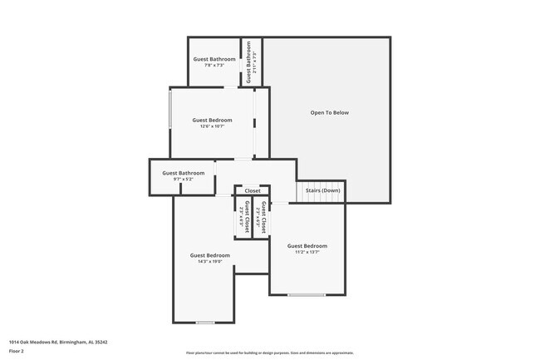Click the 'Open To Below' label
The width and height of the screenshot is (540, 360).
click(x=329, y=112)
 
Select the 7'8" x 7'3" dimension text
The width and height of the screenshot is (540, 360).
click(x=214, y=66)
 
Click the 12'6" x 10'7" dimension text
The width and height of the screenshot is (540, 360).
click(x=213, y=126)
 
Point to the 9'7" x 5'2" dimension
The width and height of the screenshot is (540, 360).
click(x=180, y=179)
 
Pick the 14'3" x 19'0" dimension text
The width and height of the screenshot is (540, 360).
click(x=209, y=261)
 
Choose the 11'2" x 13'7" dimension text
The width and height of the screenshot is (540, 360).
click(x=307, y=252)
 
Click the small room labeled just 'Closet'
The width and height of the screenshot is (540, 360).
click(x=252, y=190)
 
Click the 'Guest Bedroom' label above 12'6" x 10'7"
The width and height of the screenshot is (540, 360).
click(x=213, y=120)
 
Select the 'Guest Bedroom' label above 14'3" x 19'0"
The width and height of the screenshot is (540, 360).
click(x=209, y=254)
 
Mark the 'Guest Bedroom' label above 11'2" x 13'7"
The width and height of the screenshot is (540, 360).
click(x=307, y=245)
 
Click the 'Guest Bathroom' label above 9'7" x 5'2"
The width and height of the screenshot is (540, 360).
click(x=180, y=173)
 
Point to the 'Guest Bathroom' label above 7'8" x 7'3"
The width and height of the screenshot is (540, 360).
click(x=214, y=59)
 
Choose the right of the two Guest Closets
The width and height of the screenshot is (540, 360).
click(x=263, y=216)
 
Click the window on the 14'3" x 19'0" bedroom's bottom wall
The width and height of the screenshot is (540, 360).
click(x=205, y=322)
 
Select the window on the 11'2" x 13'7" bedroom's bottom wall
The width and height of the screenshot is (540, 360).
click(x=307, y=295)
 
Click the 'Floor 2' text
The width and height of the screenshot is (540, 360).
click(x=17, y=351)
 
